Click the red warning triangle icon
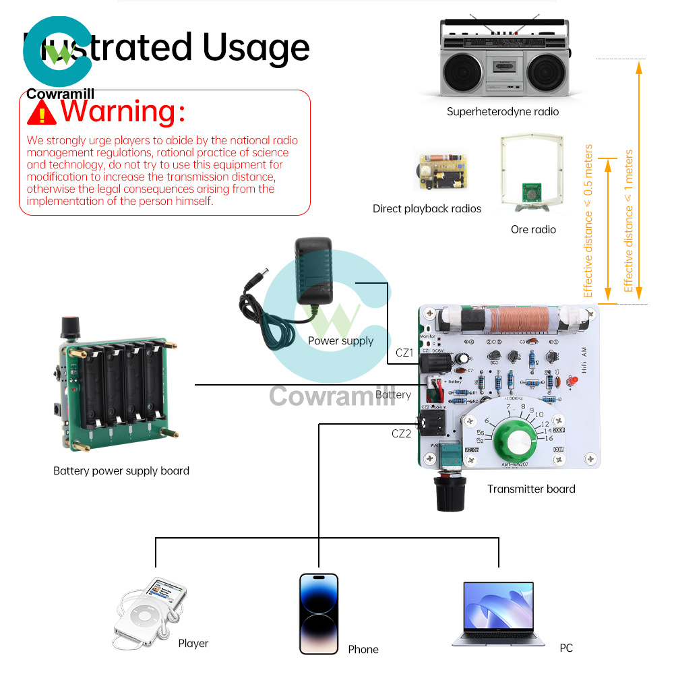41,113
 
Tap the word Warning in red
122,111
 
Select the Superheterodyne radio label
502,112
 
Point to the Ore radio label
533,230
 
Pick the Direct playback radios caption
427,209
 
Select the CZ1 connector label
404,353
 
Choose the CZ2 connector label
401,433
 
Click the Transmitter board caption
531,489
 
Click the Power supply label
340,341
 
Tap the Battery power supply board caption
121,471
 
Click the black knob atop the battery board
68,328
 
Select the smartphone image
319,613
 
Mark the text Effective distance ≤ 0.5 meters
588,221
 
